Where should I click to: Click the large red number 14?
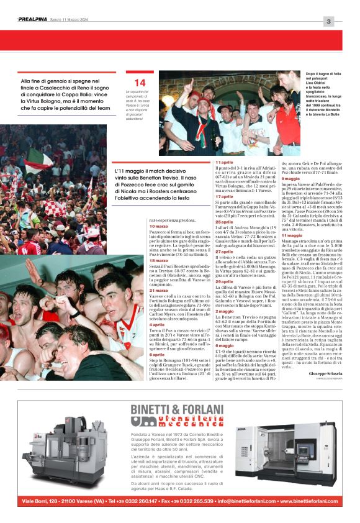[140, 83]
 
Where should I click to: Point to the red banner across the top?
[179, 40]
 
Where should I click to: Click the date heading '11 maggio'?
[292, 235]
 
